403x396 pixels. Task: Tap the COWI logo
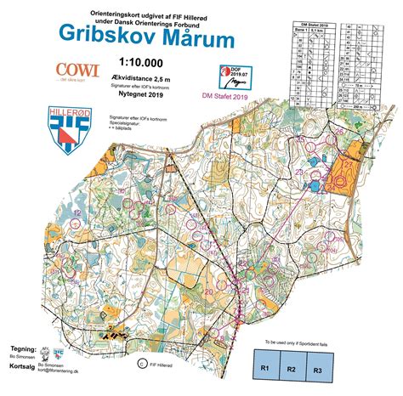click(x=77, y=71)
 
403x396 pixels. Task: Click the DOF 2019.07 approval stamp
click(x=231, y=77)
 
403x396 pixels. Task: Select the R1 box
click(x=264, y=369)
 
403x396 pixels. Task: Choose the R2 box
click(x=292, y=369)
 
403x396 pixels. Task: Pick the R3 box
click(x=319, y=369)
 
